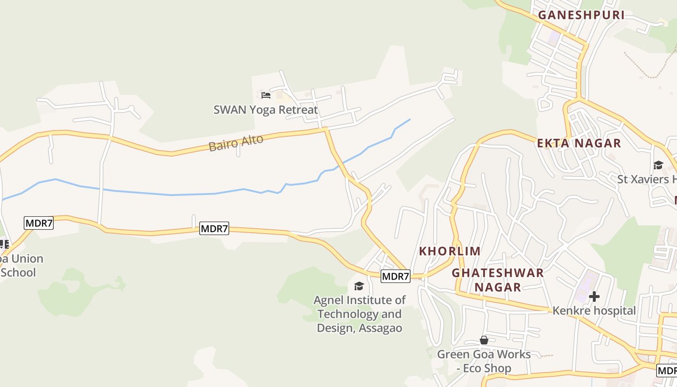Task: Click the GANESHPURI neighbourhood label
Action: [x=581, y=15]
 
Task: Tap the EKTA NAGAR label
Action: [x=579, y=143]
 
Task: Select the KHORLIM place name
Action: [x=450, y=251]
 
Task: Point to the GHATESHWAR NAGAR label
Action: [x=498, y=280]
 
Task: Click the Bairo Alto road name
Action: [x=236, y=143]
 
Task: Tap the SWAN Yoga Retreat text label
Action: [x=265, y=110]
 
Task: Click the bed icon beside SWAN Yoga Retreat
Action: [x=265, y=95]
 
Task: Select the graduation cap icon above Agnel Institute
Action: [x=359, y=286]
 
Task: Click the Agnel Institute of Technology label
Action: [x=359, y=314]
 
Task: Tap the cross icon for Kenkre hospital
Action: [x=594, y=296]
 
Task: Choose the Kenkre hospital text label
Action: [x=594, y=311]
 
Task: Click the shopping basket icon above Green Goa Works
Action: [x=484, y=340]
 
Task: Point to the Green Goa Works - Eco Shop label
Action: [x=484, y=361]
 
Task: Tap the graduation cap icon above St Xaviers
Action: [x=658, y=165]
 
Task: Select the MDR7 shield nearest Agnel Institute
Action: [x=396, y=276]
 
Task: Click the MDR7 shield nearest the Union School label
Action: [x=39, y=223]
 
